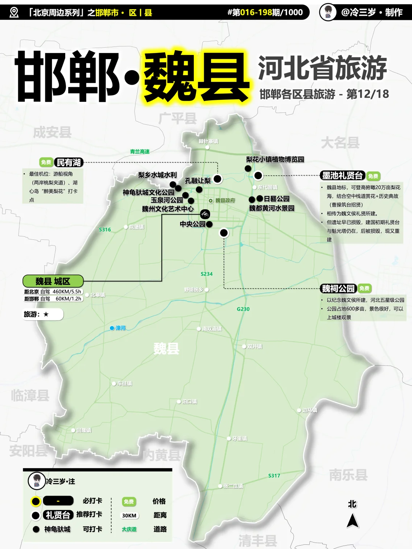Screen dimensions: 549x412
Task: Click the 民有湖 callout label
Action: point(69,162)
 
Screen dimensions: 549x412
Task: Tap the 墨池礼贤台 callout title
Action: point(343,175)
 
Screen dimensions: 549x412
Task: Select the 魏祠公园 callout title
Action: point(338,288)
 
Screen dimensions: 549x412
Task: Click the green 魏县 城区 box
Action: point(53,281)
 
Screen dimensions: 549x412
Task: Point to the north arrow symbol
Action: point(352,520)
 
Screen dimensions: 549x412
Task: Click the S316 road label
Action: point(105,230)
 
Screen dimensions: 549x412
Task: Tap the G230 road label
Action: point(243,309)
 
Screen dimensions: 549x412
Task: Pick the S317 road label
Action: point(274,475)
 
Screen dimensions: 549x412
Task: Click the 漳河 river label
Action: point(121,328)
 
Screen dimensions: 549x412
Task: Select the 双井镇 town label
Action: point(254,346)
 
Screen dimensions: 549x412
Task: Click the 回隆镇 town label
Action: point(84,430)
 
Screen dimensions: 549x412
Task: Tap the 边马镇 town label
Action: point(309,410)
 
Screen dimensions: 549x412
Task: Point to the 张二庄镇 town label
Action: point(233,486)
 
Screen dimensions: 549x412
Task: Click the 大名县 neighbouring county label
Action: point(340,143)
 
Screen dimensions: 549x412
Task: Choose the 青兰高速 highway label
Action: point(140,151)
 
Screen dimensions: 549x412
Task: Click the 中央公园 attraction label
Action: point(193,224)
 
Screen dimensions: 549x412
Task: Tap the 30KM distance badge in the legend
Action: point(129,515)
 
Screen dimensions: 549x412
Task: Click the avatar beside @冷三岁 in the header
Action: point(328,12)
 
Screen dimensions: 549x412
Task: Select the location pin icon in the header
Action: point(14,12)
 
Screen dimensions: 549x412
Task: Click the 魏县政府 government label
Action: point(225,200)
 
